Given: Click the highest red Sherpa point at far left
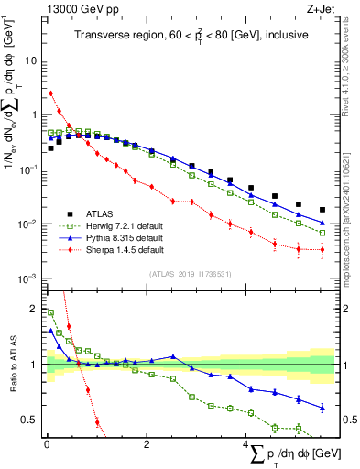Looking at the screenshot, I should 51,93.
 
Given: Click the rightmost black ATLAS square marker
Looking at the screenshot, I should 322,210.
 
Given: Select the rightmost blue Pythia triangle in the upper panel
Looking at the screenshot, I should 322,223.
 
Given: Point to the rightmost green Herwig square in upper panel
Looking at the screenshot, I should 322,233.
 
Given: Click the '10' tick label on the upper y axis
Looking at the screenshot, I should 30,60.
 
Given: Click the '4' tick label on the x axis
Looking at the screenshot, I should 245,444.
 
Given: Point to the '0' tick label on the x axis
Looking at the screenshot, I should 47,444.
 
